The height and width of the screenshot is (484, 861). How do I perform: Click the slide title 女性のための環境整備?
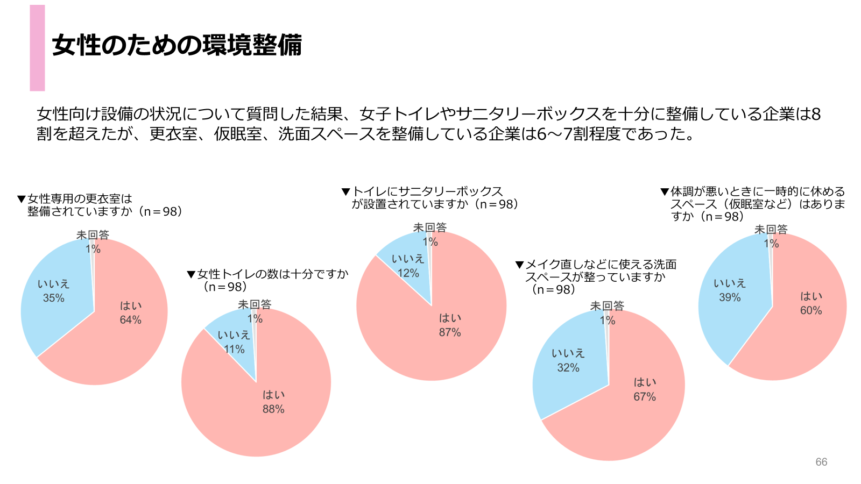177,45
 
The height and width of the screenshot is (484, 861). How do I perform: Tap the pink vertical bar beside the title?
37,48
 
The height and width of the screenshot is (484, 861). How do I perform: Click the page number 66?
821,462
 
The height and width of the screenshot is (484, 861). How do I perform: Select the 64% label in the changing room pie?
130,320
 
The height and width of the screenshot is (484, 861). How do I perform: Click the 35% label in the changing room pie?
54,298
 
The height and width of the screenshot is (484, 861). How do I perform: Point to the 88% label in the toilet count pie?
273,409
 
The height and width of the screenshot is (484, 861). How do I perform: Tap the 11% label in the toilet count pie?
234,350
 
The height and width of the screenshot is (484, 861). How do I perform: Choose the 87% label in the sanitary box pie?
450,332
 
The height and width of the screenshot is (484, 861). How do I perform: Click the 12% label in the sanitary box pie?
408,273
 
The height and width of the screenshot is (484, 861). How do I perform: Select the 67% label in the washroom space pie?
645,397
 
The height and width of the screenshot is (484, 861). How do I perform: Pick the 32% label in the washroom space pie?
568,368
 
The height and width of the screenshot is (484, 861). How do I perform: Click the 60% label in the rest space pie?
811,310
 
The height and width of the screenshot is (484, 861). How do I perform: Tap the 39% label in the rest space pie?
730,297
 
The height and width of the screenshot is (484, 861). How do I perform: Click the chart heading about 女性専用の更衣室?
102,205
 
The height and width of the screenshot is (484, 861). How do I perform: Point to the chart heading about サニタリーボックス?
430,197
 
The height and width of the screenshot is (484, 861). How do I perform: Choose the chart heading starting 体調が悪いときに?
753,204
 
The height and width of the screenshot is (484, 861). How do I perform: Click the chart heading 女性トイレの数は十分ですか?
269,280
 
